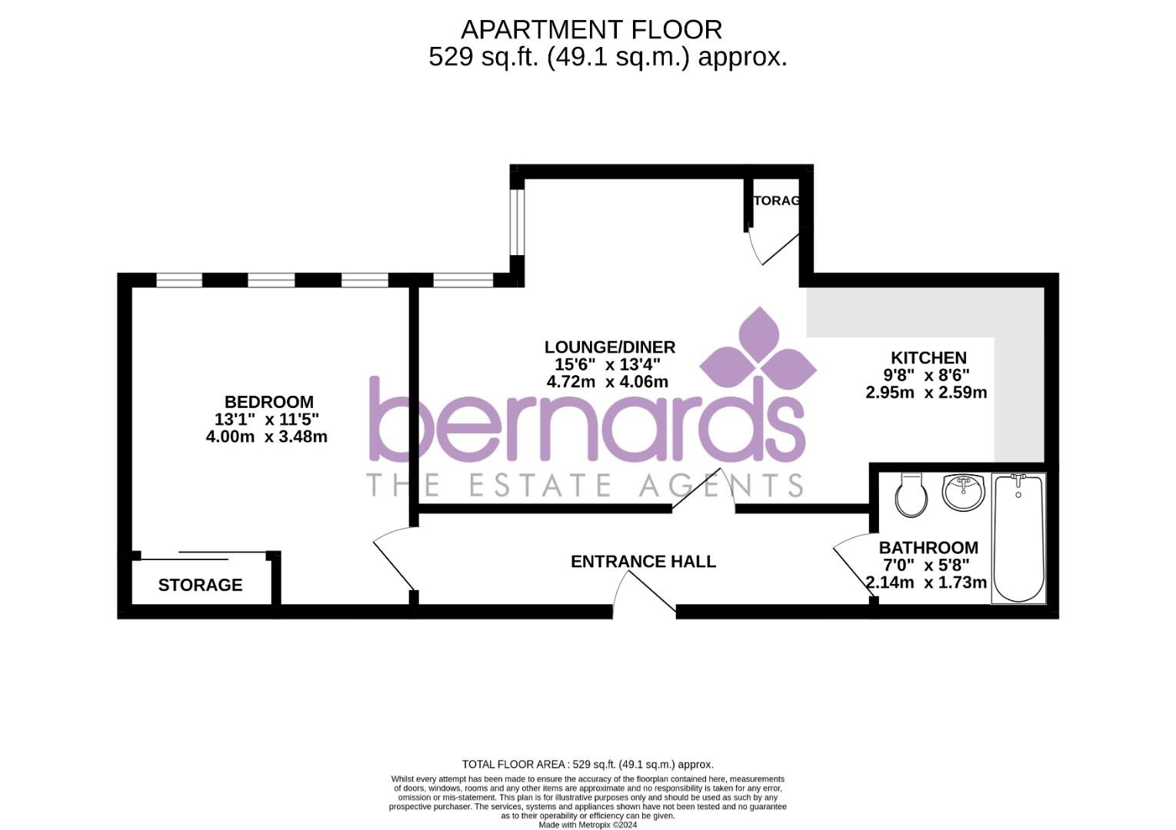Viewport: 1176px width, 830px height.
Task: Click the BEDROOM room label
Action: click(x=268, y=402)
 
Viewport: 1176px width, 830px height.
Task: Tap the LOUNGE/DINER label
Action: click(x=609, y=347)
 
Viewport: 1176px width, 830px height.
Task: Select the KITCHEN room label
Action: click(x=928, y=358)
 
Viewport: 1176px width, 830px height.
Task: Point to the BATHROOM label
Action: click(x=928, y=548)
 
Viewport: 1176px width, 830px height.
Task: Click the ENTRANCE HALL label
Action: click(x=643, y=562)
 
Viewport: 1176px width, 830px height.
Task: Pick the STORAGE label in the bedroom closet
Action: click(x=200, y=586)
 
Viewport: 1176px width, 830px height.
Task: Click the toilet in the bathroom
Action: click(x=912, y=495)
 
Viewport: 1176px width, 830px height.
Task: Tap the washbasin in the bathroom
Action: click(x=963, y=493)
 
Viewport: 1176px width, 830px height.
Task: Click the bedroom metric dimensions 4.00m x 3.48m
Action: click(x=266, y=437)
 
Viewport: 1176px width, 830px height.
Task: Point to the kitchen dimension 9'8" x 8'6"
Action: click(x=926, y=375)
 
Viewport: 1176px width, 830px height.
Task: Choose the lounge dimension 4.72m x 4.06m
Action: click(x=607, y=382)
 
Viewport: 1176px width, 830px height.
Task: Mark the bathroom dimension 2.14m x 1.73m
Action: click(x=926, y=583)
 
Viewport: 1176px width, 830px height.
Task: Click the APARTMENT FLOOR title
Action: click(x=591, y=30)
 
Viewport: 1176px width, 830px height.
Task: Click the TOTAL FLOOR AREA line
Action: click(x=588, y=764)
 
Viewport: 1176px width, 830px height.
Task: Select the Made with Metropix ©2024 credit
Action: click(x=588, y=825)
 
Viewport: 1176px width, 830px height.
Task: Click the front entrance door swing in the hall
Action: click(x=643, y=593)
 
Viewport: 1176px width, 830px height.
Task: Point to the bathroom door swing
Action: click(x=852, y=566)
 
